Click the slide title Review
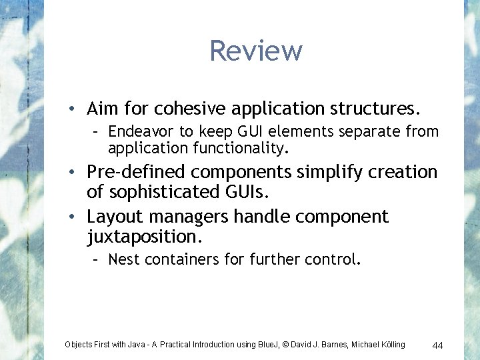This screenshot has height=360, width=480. pyautogui.click(x=255, y=51)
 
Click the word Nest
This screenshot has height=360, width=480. pyautogui.click(x=123, y=259)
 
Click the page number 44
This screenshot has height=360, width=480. pyautogui.click(x=438, y=345)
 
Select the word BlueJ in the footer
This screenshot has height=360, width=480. pyautogui.click(x=265, y=345)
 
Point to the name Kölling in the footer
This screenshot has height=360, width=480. pyautogui.click(x=391, y=345)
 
